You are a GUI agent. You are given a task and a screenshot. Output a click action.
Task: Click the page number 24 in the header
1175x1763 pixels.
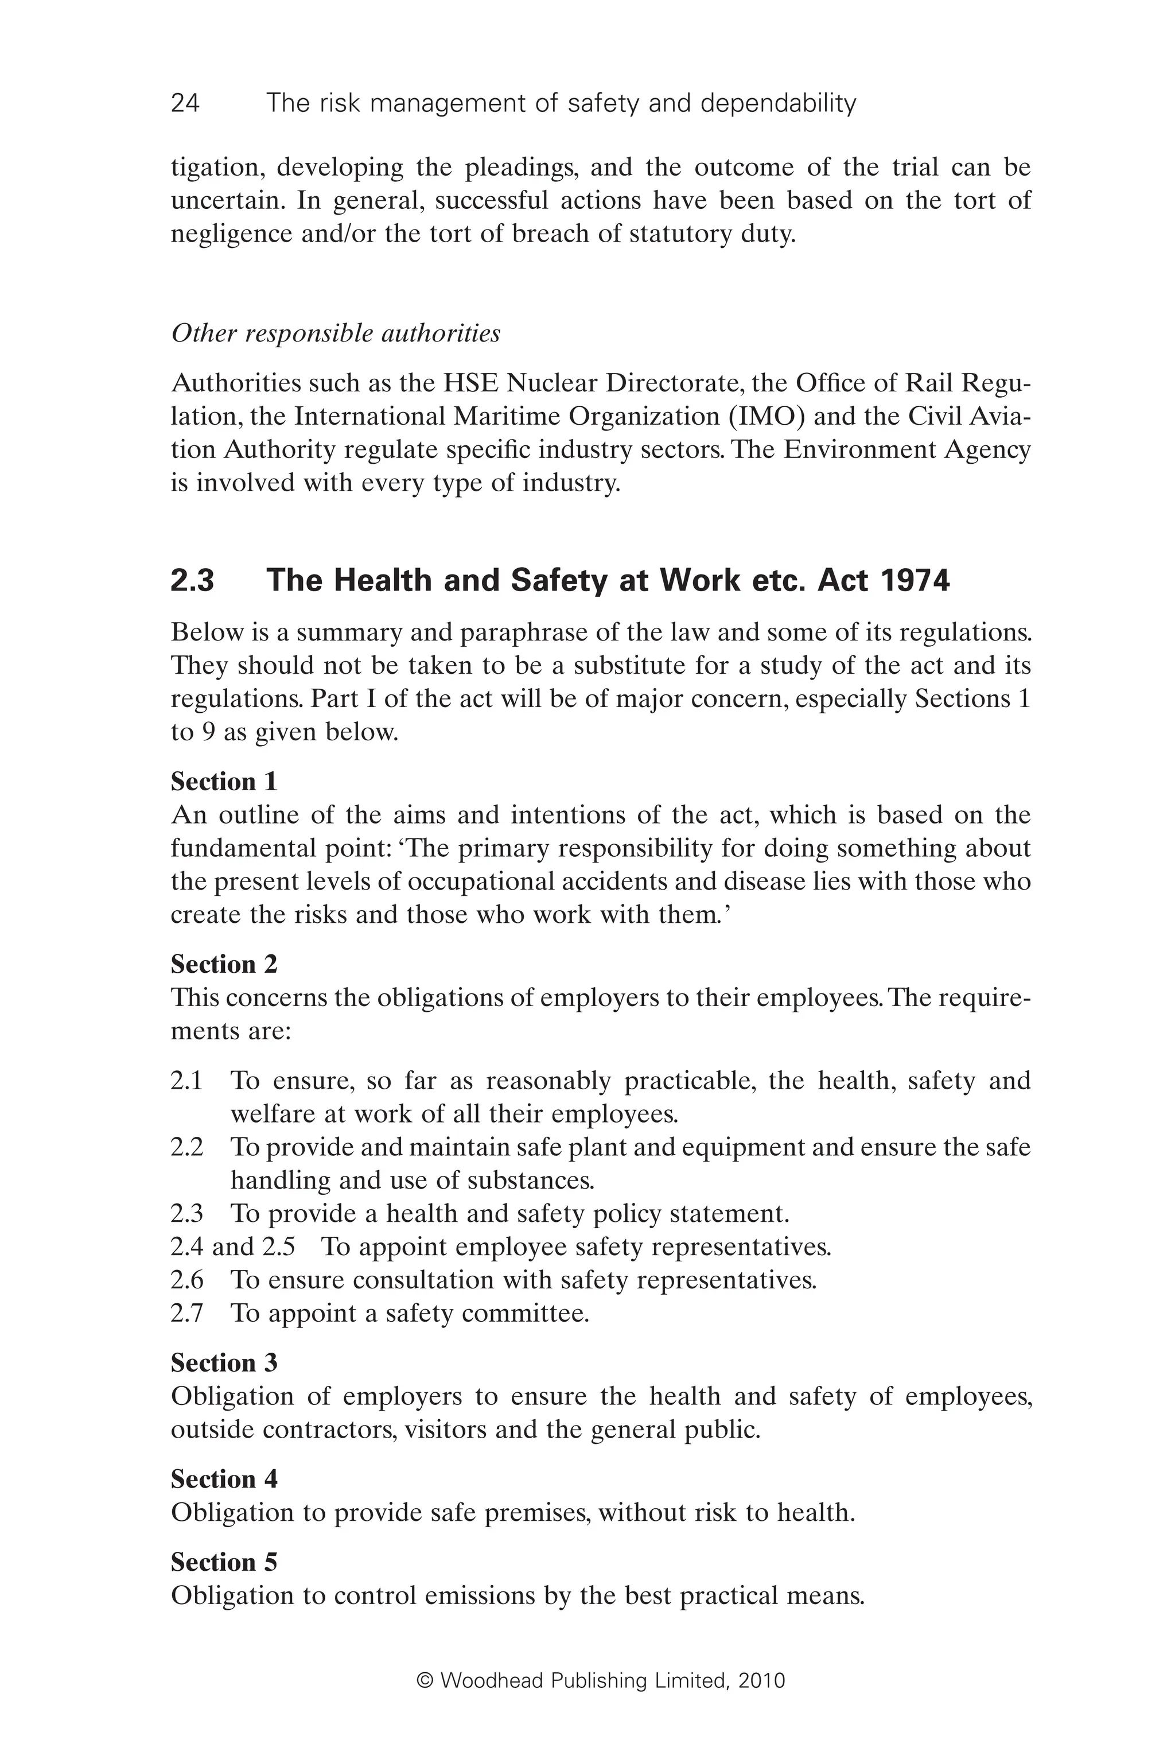point(185,103)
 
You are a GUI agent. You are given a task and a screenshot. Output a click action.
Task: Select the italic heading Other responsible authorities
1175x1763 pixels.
point(336,333)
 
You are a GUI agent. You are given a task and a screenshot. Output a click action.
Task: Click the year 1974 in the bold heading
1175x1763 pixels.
point(913,581)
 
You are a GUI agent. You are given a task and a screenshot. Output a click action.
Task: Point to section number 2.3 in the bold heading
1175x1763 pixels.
point(193,581)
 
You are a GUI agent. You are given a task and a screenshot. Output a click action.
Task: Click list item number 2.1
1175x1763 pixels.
point(186,1081)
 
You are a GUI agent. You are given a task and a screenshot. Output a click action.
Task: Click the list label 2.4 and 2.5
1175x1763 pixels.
point(232,1246)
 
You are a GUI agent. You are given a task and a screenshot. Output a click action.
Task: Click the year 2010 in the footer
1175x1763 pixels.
point(761,1680)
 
